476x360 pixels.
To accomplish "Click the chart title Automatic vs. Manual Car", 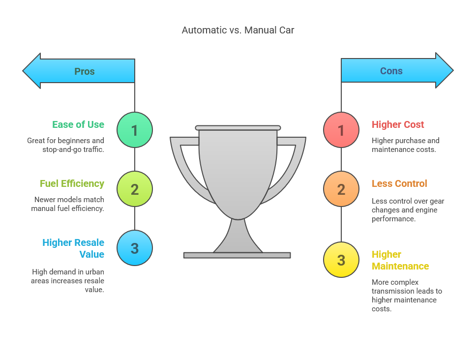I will pos(238,30).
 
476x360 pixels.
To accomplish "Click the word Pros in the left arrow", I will pos(84,71).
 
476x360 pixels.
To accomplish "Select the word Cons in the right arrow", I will pos(391,71).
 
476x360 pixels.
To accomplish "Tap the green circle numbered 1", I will pos(135,130).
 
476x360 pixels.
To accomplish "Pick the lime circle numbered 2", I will pos(135,189).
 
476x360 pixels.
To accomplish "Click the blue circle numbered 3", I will pos(135,248).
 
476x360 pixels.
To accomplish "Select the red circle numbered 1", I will pos(341,130).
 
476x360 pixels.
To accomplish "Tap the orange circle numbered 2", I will pos(341,189).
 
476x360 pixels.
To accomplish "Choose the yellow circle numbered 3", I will pos(341,260).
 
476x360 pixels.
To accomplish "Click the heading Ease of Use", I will pos(78,124).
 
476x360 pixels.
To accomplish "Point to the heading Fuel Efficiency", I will pos(72,183).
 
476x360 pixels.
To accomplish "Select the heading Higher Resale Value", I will pos(73,248).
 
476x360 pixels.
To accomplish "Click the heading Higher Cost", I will pos(398,124).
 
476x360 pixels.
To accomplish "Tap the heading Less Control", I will pos(399,183).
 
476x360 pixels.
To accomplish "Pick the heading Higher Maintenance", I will pos(400,260).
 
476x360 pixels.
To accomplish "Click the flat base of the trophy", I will pos(237,255).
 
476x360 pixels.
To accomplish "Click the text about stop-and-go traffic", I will pos(65,145).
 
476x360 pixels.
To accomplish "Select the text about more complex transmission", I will pos(407,296).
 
